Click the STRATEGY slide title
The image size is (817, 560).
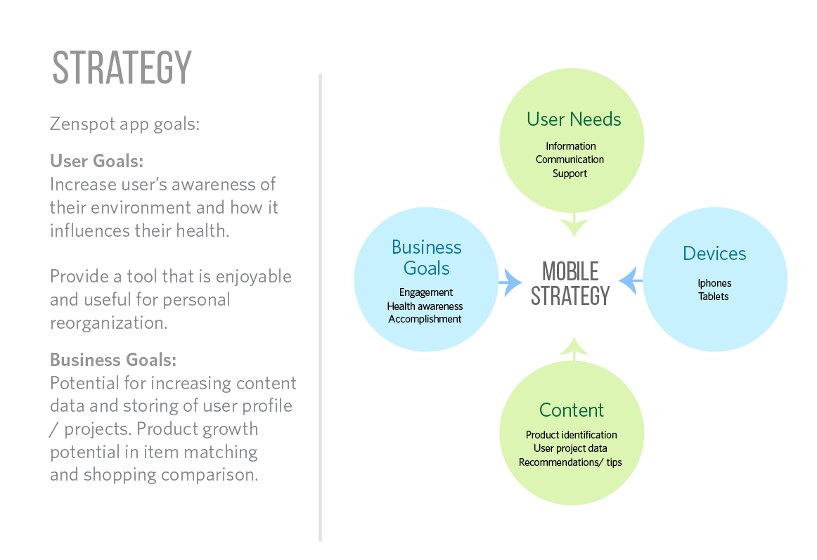(122, 68)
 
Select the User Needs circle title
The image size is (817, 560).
(574, 119)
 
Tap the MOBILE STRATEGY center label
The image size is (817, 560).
(570, 283)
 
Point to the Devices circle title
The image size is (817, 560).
(714, 254)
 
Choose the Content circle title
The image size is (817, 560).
(571, 410)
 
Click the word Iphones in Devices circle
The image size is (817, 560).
(714, 283)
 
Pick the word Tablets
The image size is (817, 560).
(713, 297)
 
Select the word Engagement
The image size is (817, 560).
(426, 292)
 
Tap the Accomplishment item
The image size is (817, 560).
(425, 319)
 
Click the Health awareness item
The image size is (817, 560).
(425, 306)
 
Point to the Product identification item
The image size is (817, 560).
(571, 435)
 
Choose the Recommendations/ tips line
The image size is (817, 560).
(570, 462)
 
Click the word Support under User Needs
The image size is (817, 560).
(570, 174)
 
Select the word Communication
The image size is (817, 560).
(570, 159)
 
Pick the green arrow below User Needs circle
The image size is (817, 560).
(574, 226)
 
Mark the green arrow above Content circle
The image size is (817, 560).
(574, 347)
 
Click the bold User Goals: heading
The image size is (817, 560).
(96, 162)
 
